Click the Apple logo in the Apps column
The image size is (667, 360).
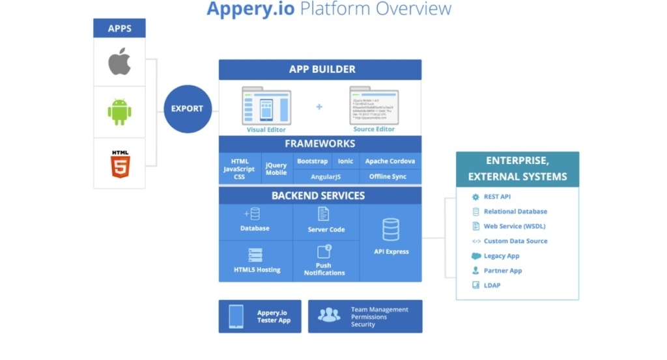[x=119, y=62]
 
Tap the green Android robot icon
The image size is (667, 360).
[x=119, y=112]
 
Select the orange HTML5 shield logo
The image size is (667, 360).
[x=120, y=164]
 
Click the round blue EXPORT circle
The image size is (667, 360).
[x=188, y=109]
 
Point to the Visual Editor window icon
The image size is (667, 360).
[x=266, y=105]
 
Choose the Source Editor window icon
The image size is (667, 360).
[x=374, y=105]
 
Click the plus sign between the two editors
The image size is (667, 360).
[x=319, y=106]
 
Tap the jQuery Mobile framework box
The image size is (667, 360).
[x=276, y=169]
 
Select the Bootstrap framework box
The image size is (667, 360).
[x=312, y=161]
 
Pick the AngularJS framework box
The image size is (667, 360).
[x=326, y=176]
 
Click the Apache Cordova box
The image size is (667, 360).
[x=390, y=161]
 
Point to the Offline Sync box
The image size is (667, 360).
[x=388, y=176]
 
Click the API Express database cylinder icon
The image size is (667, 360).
[x=391, y=230]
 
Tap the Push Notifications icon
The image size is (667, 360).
[x=324, y=251]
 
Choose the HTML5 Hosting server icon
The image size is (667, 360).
[x=255, y=255]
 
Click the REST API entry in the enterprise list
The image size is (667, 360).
[x=496, y=197]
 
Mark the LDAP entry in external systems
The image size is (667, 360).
[x=492, y=286]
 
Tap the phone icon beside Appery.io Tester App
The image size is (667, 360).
[x=236, y=316]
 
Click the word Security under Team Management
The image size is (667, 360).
[x=363, y=324]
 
